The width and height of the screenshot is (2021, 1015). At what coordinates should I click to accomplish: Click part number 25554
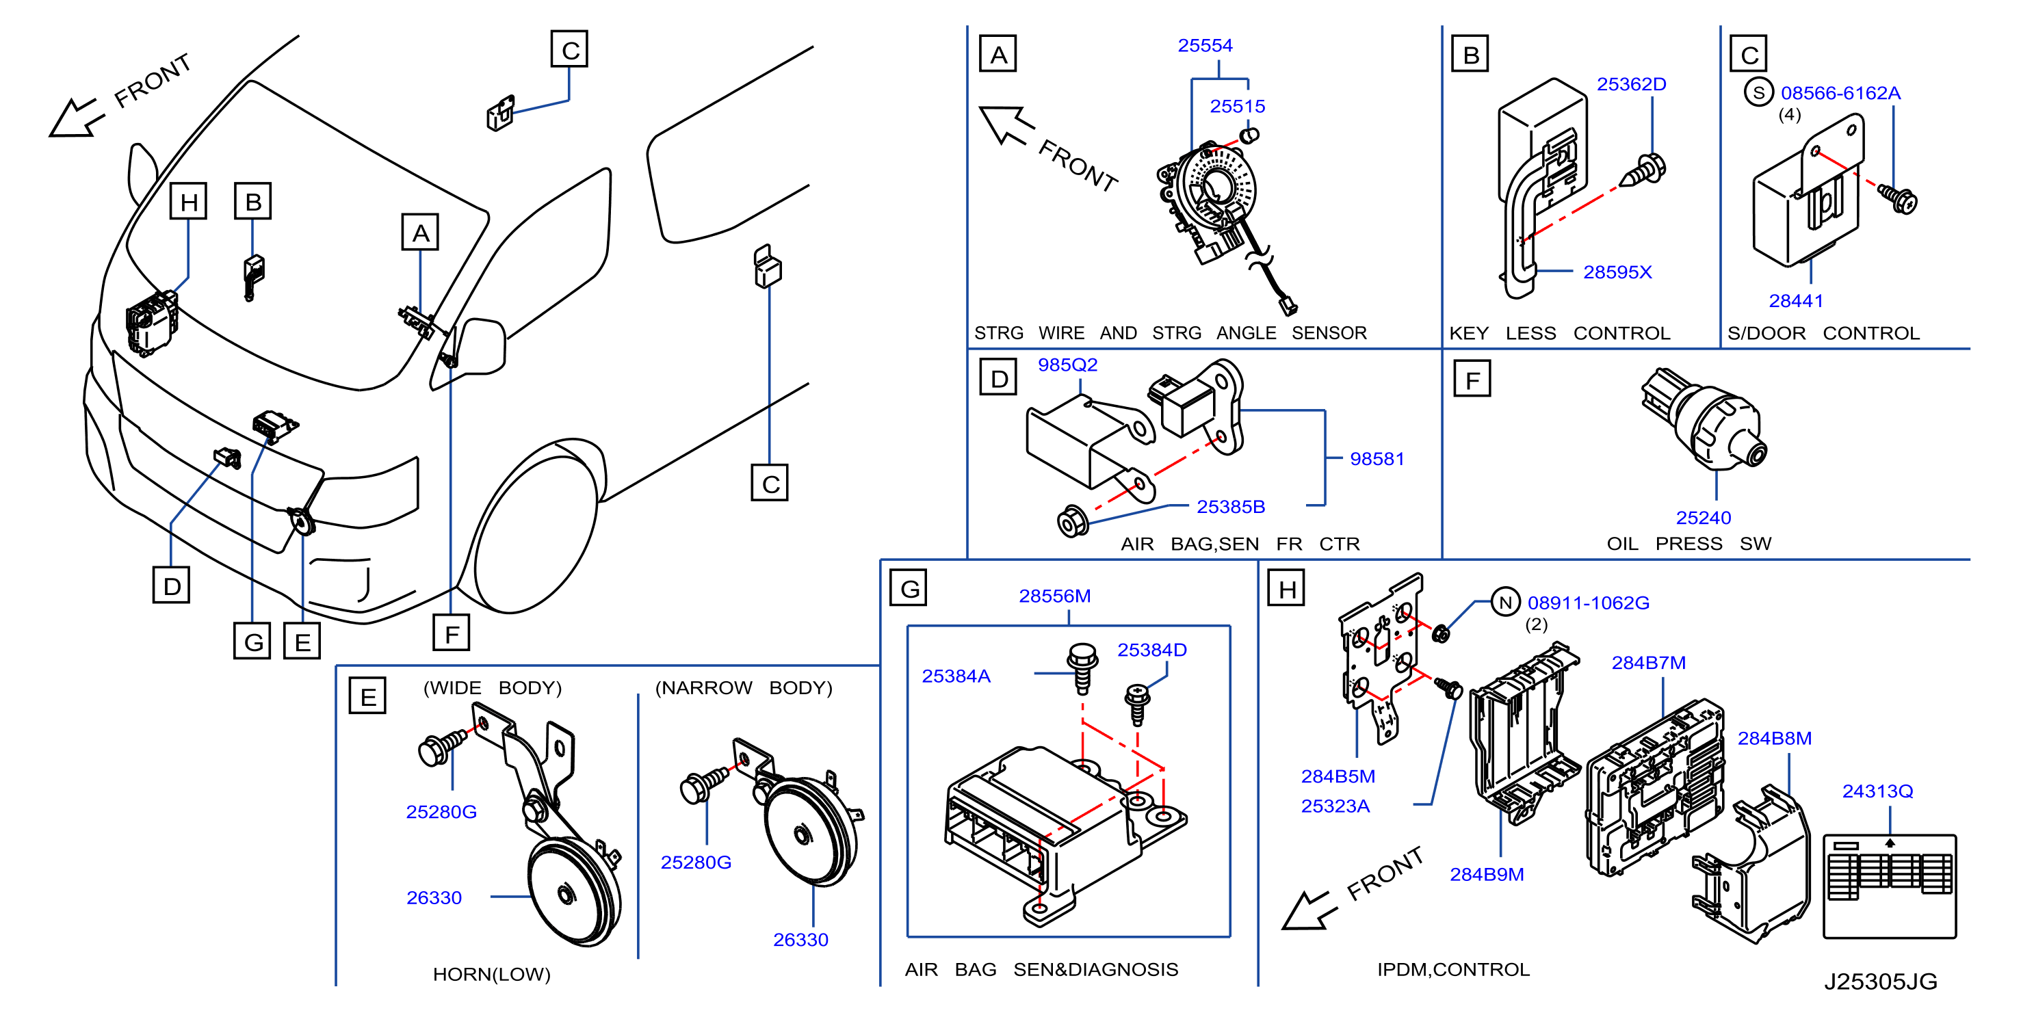pos(1204,46)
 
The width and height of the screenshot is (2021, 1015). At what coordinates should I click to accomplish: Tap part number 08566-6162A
pos(1840,93)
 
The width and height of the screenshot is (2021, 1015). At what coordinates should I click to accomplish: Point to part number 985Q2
pos(1067,365)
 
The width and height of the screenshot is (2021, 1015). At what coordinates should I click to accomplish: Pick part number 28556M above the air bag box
pos(1054,596)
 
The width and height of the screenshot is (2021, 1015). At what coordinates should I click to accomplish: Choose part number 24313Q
pos(1877,791)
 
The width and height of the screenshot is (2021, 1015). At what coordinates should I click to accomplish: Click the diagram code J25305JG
pos(1880,981)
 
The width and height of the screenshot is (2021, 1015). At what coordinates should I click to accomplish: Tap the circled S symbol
pos(1758,92)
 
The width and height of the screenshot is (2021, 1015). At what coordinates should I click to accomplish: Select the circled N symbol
pos(1504,603)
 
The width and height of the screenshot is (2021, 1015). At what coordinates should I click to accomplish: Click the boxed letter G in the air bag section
pos(909,588)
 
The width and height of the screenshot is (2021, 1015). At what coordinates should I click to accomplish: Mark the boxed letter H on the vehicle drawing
pos(188,202)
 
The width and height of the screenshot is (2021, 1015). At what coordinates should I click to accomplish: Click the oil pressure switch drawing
pos(1704,420)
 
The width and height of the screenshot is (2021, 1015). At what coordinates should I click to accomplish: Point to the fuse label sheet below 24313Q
pos(1889,886)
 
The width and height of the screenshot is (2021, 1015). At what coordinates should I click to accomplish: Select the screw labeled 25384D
pos(1137,704)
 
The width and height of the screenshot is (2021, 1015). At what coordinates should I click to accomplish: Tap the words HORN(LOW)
pos(492,974)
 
